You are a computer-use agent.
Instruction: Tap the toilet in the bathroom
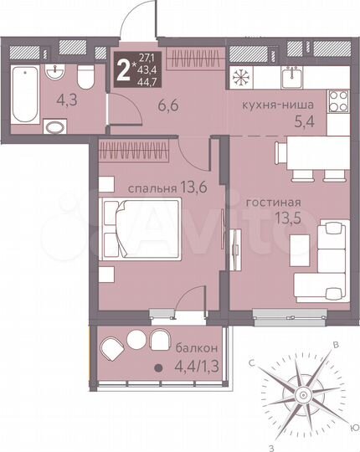[84, 79]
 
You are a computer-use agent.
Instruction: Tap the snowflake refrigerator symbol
[241, 75]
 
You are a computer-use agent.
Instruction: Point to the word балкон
[195, 347]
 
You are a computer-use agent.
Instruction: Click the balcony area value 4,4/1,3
[194, 365]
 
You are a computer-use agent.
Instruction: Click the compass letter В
[336, 345]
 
